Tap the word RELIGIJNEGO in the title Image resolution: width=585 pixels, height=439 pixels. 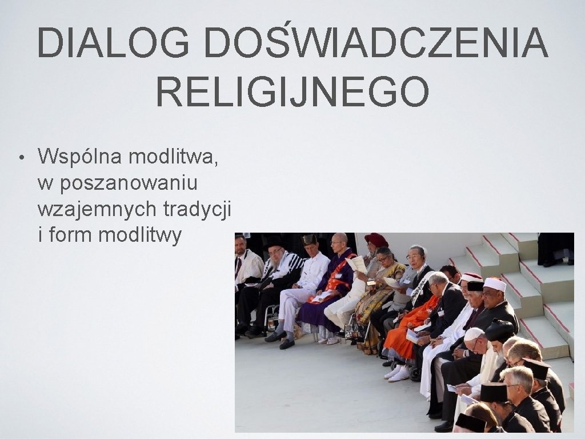tap(292, 92)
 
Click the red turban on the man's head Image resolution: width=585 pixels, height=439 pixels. tap(376, 240)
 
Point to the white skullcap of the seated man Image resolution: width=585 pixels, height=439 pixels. tap(473, 334)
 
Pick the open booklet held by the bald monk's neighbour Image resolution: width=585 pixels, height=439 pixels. tap(356, 264)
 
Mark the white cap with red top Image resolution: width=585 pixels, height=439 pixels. tap(495, 284)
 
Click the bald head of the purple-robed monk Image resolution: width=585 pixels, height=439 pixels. tap(339, 238)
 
